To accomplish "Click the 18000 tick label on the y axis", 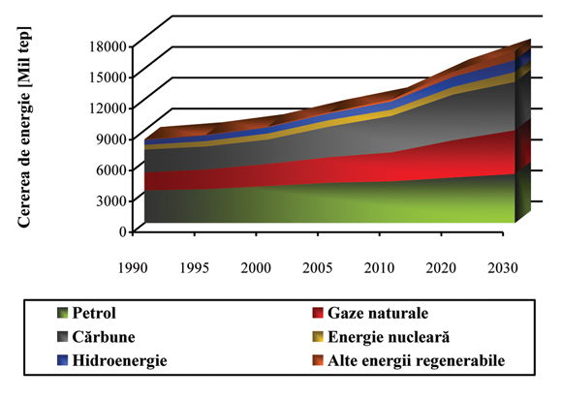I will (107, 46).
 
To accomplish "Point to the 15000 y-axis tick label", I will (107, 77).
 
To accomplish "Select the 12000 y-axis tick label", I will (107, 107).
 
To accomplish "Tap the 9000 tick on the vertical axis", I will (110, 138).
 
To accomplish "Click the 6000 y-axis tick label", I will (110, 169).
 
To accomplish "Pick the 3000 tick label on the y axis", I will (110, 200).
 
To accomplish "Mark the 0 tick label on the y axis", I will (122, 231).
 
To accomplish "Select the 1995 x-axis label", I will (195, 264).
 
